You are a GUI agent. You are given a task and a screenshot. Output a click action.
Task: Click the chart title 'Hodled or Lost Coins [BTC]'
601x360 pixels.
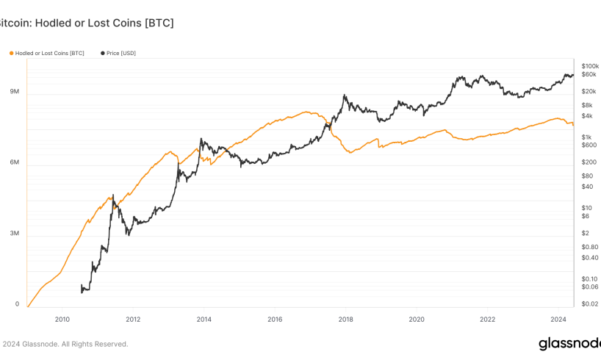coord(104,23)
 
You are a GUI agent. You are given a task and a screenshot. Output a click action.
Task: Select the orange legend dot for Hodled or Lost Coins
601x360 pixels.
coord(12,54)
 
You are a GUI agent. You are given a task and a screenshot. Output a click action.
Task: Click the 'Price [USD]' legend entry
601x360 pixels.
coord(118,54)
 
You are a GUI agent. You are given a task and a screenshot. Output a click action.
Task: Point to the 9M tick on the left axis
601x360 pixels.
coord(14,91)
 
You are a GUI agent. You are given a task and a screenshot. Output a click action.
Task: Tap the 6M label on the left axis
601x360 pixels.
coord(14,162)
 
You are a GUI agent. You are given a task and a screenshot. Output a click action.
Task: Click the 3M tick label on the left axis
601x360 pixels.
coord(14,233)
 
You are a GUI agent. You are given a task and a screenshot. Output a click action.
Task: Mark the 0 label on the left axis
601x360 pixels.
coord(17,304)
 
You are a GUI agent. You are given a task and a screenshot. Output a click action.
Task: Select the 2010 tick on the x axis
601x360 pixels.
coord(62,320)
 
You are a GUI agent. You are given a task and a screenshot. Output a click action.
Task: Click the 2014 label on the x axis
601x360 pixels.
coord(204,320)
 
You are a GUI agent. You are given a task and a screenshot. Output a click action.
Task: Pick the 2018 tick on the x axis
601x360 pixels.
coord(346,320)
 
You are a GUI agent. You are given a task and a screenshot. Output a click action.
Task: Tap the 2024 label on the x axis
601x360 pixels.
coord(558,320)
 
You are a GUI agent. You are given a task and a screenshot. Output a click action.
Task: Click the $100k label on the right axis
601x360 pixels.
coord(590,66)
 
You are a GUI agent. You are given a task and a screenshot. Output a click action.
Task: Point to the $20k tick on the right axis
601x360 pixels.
coord(589,91)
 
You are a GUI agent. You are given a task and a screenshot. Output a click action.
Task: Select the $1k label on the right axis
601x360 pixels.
coord(586,137)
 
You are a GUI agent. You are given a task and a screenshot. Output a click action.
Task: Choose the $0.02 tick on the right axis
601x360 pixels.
coord(589,304)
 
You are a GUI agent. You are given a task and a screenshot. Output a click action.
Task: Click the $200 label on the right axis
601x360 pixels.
coord(589,162)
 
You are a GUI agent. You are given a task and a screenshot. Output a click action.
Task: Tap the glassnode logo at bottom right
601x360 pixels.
coord(569,344)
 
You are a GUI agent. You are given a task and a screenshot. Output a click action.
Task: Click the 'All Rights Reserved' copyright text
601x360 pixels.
coord(95,345)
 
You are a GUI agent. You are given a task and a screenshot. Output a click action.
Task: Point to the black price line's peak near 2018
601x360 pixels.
coord(345,95)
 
